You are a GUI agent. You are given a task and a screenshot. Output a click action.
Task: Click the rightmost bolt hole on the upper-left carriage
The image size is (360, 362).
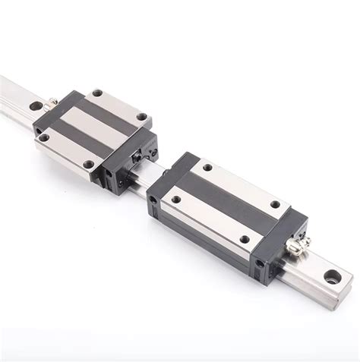(141, 116)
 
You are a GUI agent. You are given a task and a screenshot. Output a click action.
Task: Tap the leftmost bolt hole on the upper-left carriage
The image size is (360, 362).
(44, 138)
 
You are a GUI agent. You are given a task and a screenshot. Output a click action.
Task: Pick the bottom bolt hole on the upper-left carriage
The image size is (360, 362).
(89, 163)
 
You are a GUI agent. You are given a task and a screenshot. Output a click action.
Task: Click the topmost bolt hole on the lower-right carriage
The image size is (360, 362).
(207, 167)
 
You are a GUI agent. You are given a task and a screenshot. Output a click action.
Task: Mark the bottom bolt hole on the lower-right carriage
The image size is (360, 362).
(245, 240)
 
